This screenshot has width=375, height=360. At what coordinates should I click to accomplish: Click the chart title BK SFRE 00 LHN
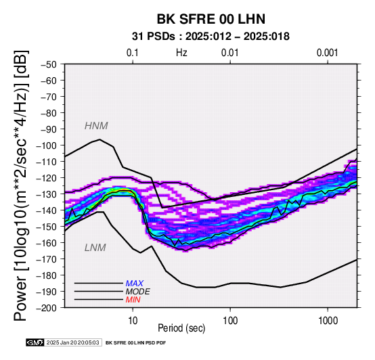(211, 19)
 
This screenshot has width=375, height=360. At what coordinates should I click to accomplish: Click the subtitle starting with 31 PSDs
(211, 37)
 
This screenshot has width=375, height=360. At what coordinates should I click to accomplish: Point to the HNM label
(96, 126)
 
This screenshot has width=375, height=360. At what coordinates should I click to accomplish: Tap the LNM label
(95, 248)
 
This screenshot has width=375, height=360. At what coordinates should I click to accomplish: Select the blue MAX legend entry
(135, 284)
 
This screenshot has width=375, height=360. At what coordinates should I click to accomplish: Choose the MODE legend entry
(138, 292)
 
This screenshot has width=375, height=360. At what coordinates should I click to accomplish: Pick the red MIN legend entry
(133, 300)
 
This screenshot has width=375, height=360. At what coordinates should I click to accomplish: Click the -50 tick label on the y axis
(49, 64)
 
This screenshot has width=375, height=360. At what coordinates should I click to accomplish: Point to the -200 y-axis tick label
(47, 308)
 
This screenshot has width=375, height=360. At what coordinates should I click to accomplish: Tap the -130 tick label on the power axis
(47, 194)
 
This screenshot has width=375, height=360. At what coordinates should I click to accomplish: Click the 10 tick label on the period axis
(133, 321)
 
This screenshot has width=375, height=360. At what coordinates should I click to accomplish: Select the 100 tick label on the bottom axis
(230, 321)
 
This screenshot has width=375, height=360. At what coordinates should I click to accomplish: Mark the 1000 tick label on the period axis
(328, 321)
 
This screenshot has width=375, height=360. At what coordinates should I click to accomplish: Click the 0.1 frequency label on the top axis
(133, 53)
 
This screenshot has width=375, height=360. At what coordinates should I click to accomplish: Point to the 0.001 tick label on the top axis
(328, 53)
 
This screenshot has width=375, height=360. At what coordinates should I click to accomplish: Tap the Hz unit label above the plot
(181, 53)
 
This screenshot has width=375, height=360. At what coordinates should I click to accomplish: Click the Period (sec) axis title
(181, 328)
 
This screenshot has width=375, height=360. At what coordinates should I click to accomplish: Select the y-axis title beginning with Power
(21, 185)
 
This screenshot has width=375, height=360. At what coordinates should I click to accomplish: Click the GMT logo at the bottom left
(35, 342)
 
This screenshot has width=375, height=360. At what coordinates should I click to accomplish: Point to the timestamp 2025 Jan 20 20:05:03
(72, 342)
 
